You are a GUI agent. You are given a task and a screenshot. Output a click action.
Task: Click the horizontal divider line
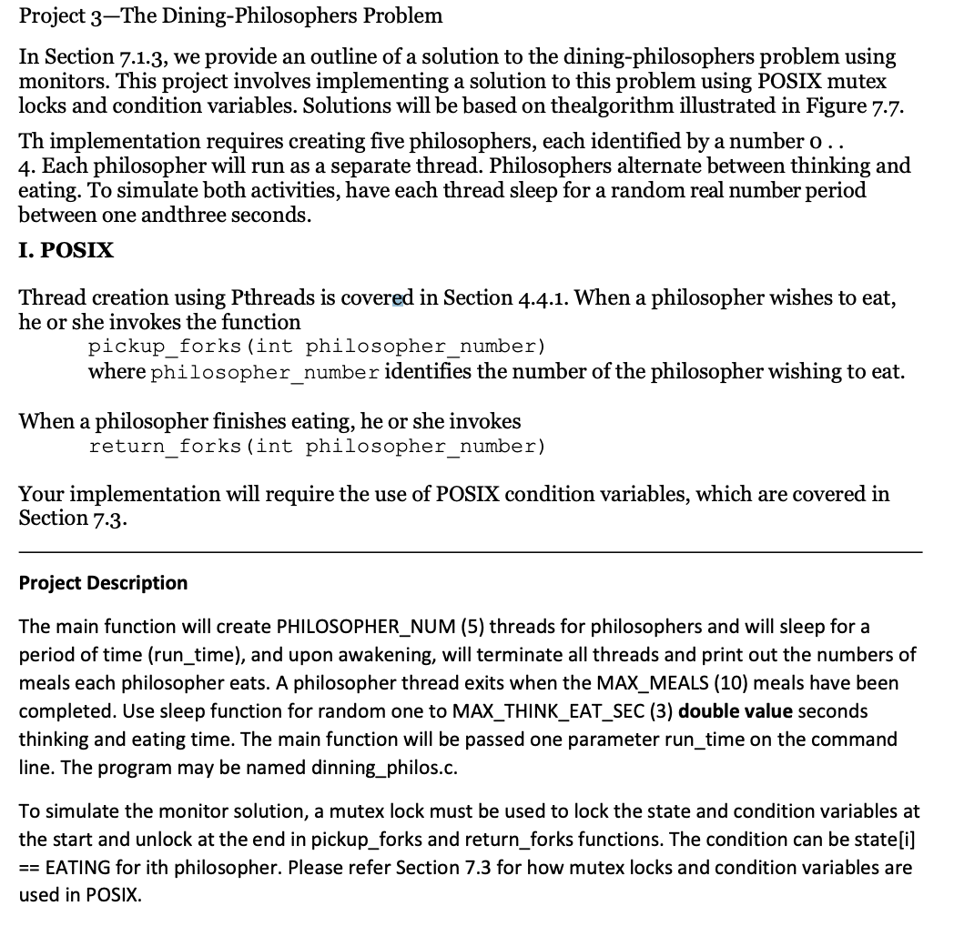tap(470, 551)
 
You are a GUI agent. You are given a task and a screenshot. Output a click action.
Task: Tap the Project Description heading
tap(103, 583)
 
